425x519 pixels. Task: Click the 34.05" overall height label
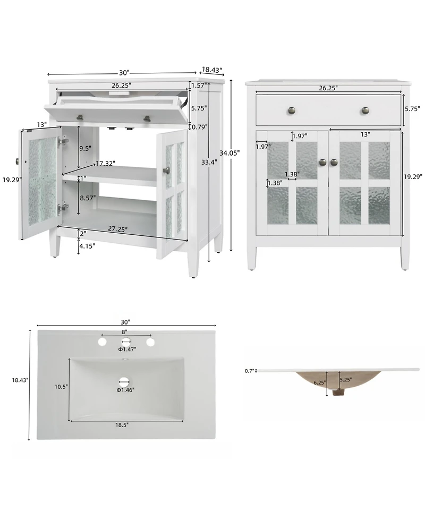point(231,152)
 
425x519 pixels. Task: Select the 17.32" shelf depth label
point(106,164)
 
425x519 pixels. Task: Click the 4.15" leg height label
point(88,246)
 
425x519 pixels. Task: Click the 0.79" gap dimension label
point(200,126)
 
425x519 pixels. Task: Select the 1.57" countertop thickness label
point(198,86)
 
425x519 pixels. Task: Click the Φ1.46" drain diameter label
point(126,390)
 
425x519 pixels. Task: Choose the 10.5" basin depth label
point(61,387)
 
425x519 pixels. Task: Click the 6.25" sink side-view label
point(320,382)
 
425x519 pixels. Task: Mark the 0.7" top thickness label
point(250,370)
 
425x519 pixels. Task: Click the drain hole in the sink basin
point(125,381)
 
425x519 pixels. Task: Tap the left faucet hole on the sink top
point(102,343)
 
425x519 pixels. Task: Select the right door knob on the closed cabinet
point(334,162)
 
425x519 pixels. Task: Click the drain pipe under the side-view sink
point(337,392)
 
